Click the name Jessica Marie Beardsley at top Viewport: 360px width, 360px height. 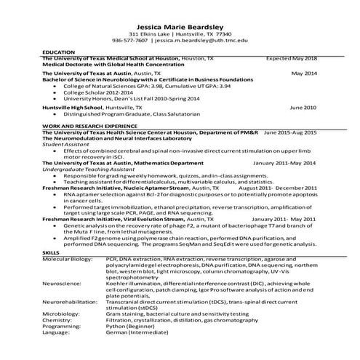[180, 24]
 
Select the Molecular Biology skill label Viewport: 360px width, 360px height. [68, 258]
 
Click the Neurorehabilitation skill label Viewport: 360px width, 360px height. [71, 300]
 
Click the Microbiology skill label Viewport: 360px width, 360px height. [60, 313]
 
